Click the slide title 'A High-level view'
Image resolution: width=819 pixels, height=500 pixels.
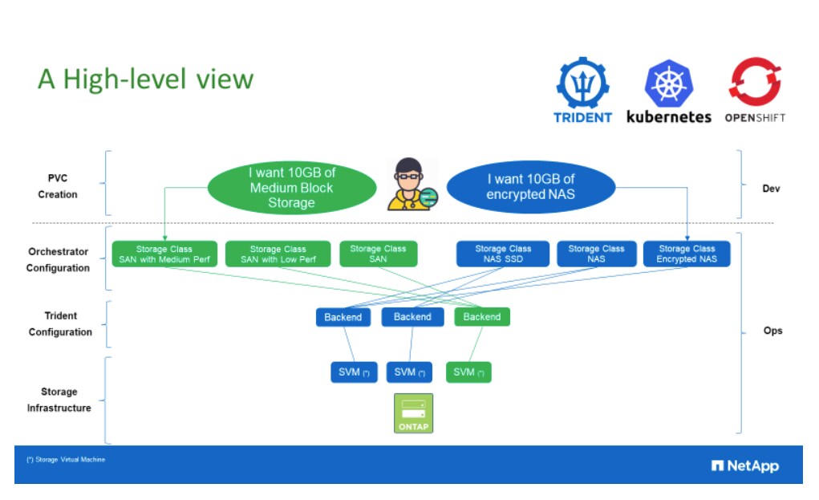tap(145, 79)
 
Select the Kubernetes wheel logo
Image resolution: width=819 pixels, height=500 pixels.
tap(668, 83)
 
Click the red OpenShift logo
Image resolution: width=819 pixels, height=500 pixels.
tap(755, 83)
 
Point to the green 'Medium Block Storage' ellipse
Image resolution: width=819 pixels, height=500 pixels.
tap(291, 188)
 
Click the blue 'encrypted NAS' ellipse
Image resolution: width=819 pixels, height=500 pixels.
tap(530, 187)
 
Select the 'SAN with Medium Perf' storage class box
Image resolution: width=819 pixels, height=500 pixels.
tap(164, 254)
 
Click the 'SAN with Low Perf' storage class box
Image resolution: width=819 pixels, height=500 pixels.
tap(278, 254)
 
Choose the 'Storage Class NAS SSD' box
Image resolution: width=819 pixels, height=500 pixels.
tap(503, 254)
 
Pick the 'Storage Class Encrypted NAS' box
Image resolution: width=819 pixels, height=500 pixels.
tap(687, 254)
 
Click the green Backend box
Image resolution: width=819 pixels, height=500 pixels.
tap(481, 317)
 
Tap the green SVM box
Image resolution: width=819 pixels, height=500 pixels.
tap(468, 372)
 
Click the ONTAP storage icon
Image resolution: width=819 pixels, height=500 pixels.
tap(413, 413)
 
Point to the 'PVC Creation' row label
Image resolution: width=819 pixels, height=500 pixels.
tap(58, 186)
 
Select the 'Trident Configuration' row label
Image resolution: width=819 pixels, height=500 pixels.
tap(60, 324)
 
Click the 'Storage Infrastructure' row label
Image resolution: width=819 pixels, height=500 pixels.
tap(59, 400)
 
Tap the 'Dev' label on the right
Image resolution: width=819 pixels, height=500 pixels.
tap(771, 189)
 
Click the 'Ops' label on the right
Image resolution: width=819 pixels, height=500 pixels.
tap(772, 331)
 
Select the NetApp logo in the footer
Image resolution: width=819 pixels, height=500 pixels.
tap(744, 466)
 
